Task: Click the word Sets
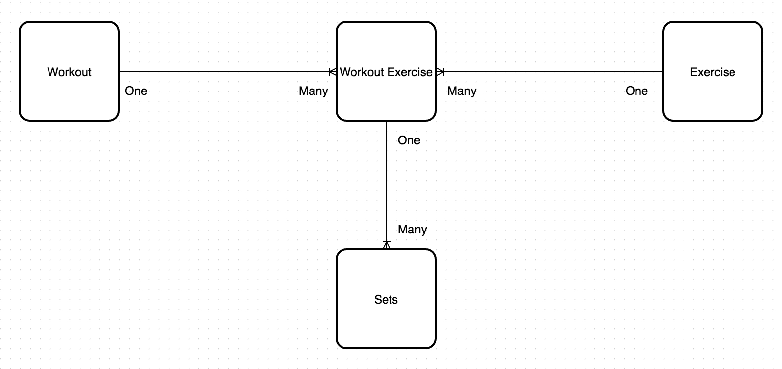pos(386,300)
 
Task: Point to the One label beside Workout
pos(136,91)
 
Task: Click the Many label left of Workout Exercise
pos(313,91)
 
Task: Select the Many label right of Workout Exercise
pos(462,91)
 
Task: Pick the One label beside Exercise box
pos(636,91)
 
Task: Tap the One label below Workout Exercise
pos(409,140)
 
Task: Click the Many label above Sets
pos(412,230)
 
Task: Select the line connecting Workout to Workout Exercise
pos(223,72)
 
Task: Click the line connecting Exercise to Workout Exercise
pos(549,72)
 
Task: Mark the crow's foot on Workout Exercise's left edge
pos(333,72)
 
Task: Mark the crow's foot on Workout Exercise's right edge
pos(440,72)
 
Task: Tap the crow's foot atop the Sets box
pos(387,245)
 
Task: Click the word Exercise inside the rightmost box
pos(712,72)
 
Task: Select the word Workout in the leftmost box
pos(69,72)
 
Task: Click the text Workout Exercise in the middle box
pos(386,72)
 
